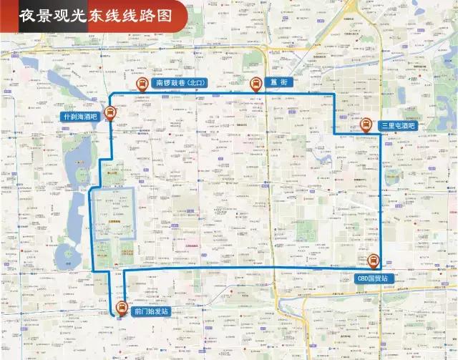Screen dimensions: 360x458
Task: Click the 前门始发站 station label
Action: (151, 312)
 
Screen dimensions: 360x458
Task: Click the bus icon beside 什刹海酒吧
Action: (111, 113)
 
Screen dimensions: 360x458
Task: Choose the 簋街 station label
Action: (279, 83)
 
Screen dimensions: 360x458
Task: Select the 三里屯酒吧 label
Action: (398, 126)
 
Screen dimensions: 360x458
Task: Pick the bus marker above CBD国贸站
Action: (372, 262)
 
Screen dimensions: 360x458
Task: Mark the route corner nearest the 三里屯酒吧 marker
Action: (380, 136)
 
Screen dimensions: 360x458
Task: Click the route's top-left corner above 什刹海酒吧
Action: (109, 94)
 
